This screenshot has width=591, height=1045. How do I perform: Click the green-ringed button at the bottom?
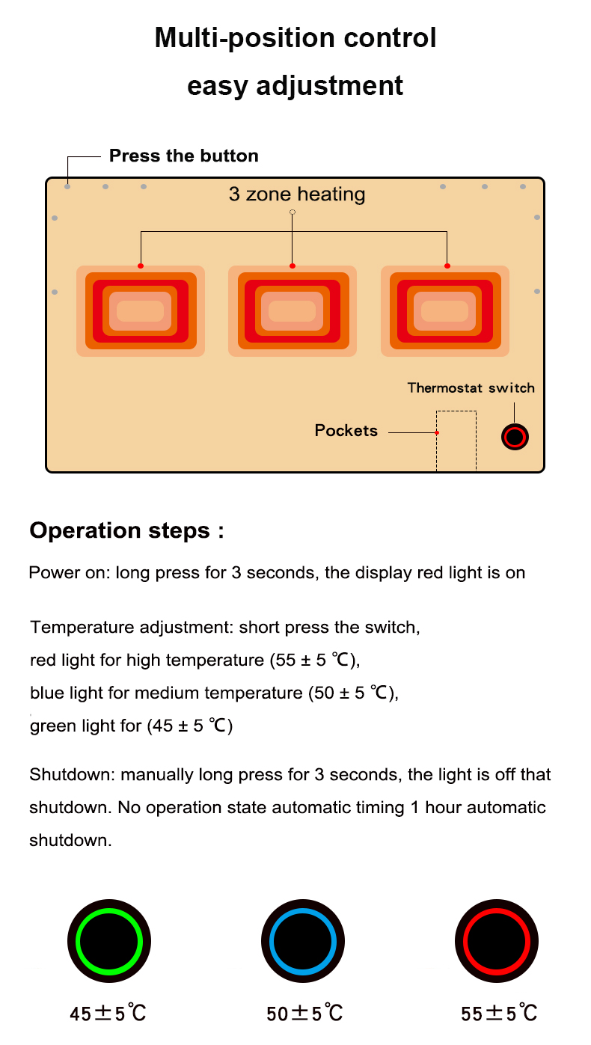click(109, 940)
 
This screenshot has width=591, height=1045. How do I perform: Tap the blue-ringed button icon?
click(303, 940)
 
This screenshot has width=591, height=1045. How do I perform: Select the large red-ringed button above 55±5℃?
click(496, 940)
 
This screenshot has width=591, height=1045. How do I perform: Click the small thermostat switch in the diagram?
click(515, 437)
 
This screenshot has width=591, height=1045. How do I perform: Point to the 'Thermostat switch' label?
click(471, 387)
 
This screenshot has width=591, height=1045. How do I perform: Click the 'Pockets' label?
click(346, 430)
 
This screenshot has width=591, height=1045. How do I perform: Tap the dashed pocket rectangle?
click(456, 441)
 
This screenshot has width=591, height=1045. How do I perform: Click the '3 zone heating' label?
click(297, 194)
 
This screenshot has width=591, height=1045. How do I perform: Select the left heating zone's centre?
click(141, 311)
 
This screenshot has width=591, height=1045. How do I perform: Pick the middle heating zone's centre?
click(293, 311)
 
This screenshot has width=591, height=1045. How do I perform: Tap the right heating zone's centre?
click(445, 311)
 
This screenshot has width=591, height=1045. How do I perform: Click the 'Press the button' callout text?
click(184, 156)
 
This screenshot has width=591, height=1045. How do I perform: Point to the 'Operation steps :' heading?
click(127, 531)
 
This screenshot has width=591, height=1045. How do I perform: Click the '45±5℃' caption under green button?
click(108, 1014)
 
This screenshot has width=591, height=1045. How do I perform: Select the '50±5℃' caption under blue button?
click(304, 1014)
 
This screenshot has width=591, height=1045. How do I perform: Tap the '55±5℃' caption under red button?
click(499, 1014)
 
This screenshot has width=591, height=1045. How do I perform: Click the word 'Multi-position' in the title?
click(245, 38)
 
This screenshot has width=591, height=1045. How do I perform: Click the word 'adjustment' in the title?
click(329, 87)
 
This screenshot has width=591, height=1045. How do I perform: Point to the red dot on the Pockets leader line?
click(437, 433)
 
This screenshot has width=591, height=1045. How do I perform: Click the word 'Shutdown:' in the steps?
click(73, 775)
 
